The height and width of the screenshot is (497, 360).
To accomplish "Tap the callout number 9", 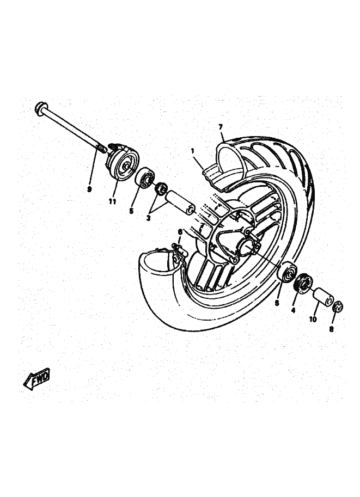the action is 89,189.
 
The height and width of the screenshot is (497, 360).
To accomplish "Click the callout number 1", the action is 192,150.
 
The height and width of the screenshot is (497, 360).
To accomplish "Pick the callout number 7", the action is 221,127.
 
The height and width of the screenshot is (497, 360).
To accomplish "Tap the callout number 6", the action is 180,232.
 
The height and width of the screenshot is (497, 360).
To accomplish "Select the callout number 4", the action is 293,311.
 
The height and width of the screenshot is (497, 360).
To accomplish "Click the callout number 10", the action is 313,320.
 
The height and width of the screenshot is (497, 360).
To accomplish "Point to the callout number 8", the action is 332,329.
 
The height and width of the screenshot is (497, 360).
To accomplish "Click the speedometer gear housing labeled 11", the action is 122,162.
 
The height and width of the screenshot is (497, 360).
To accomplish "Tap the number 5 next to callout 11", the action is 131,210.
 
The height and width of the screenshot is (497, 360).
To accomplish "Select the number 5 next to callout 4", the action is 277,302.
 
